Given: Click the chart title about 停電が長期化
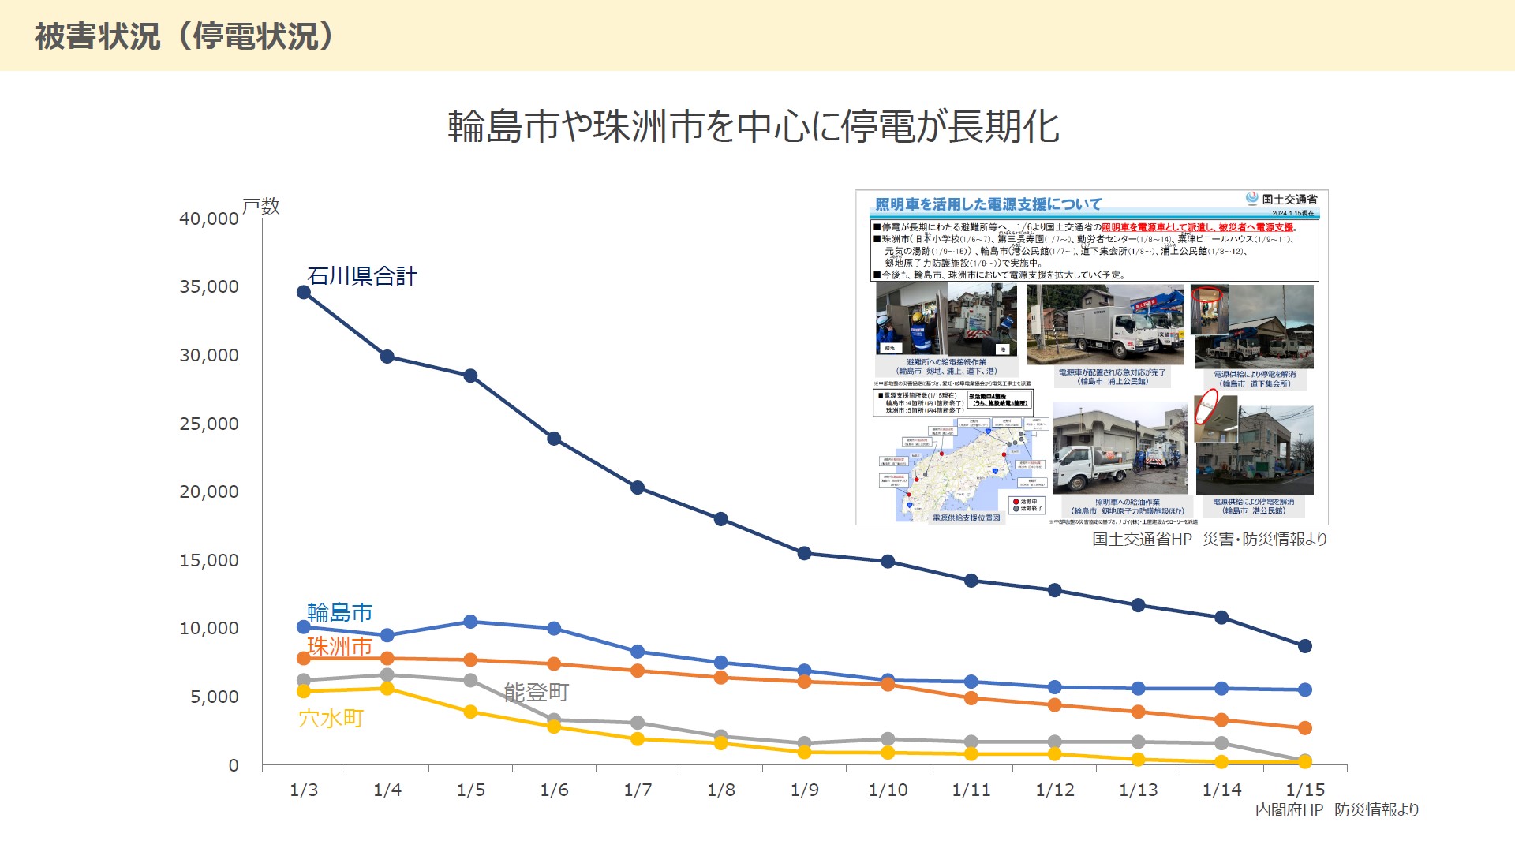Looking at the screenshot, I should [x=753, y=126].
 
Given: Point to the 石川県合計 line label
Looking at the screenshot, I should [x=361, y=276].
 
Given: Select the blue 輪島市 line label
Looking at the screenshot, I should [x=339, y=612].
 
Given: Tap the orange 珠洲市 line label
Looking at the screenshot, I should [x=339, y=647].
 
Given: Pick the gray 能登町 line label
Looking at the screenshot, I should [x=536, y=693].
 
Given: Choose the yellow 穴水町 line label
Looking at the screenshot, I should [x=331, y=718].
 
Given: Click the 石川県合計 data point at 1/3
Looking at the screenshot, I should [x=304, y=293].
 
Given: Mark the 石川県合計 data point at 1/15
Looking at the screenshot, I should [x=1305, y=646].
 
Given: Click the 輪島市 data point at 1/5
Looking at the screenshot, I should [x=470, y=622].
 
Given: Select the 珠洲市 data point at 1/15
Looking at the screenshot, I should [x=1305, y=727].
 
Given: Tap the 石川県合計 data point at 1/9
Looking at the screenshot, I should [x=805, y=553].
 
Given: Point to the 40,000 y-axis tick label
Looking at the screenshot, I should [x=208, y=219].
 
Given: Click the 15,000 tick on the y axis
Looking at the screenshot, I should [x=208, y=560].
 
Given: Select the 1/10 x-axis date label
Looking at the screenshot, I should [x=888, y=790].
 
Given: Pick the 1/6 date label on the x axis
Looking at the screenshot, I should [x=554, y=790].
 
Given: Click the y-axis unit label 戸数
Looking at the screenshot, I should [x=261, y=207].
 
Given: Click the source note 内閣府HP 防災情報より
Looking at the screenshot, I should [x=1337, y=809].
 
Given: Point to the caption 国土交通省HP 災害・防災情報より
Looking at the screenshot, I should [x=1210, y=540].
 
